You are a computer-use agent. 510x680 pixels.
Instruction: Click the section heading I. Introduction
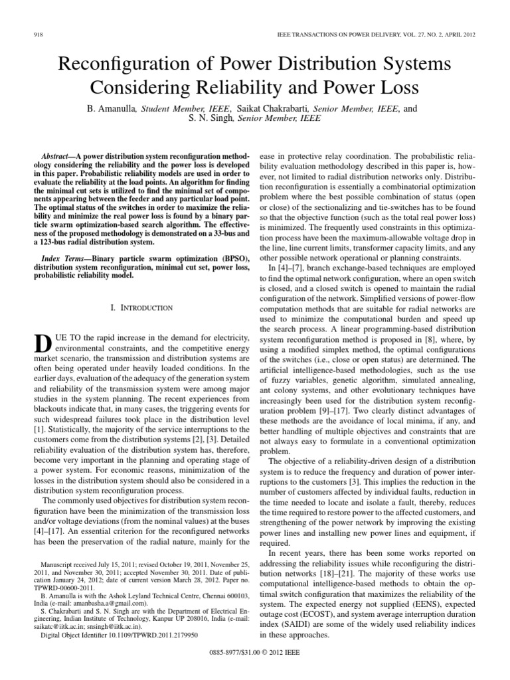[141, 307]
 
